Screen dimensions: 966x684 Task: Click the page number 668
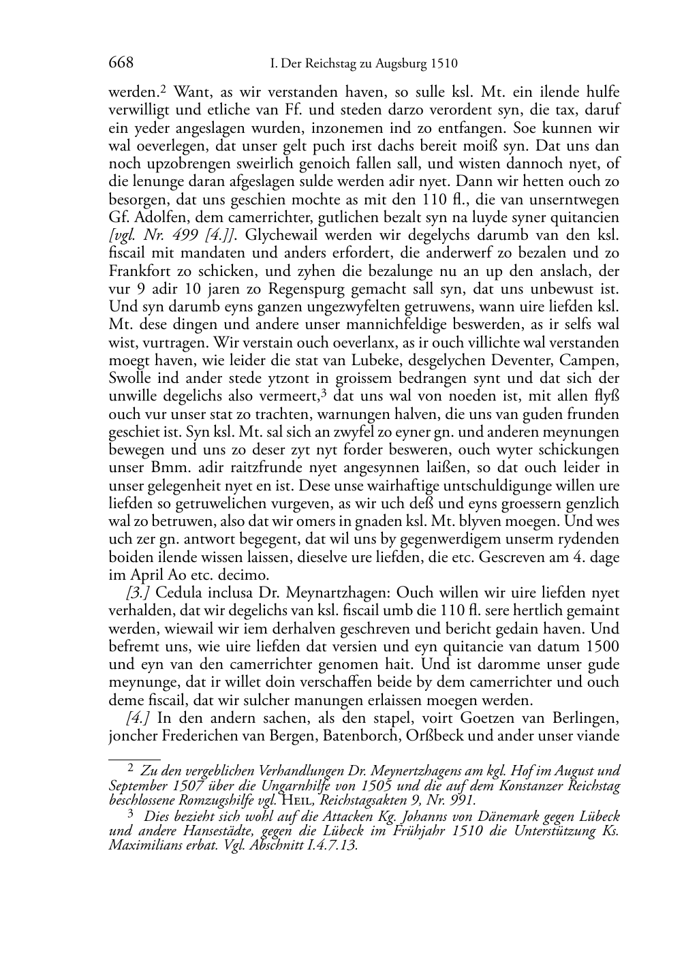pyautogui.click(x=121, y=63)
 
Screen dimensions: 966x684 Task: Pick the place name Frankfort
pyautogui.click(x=139, y=271)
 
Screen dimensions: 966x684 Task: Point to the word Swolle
pyautogui.click(x=128, y=378)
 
